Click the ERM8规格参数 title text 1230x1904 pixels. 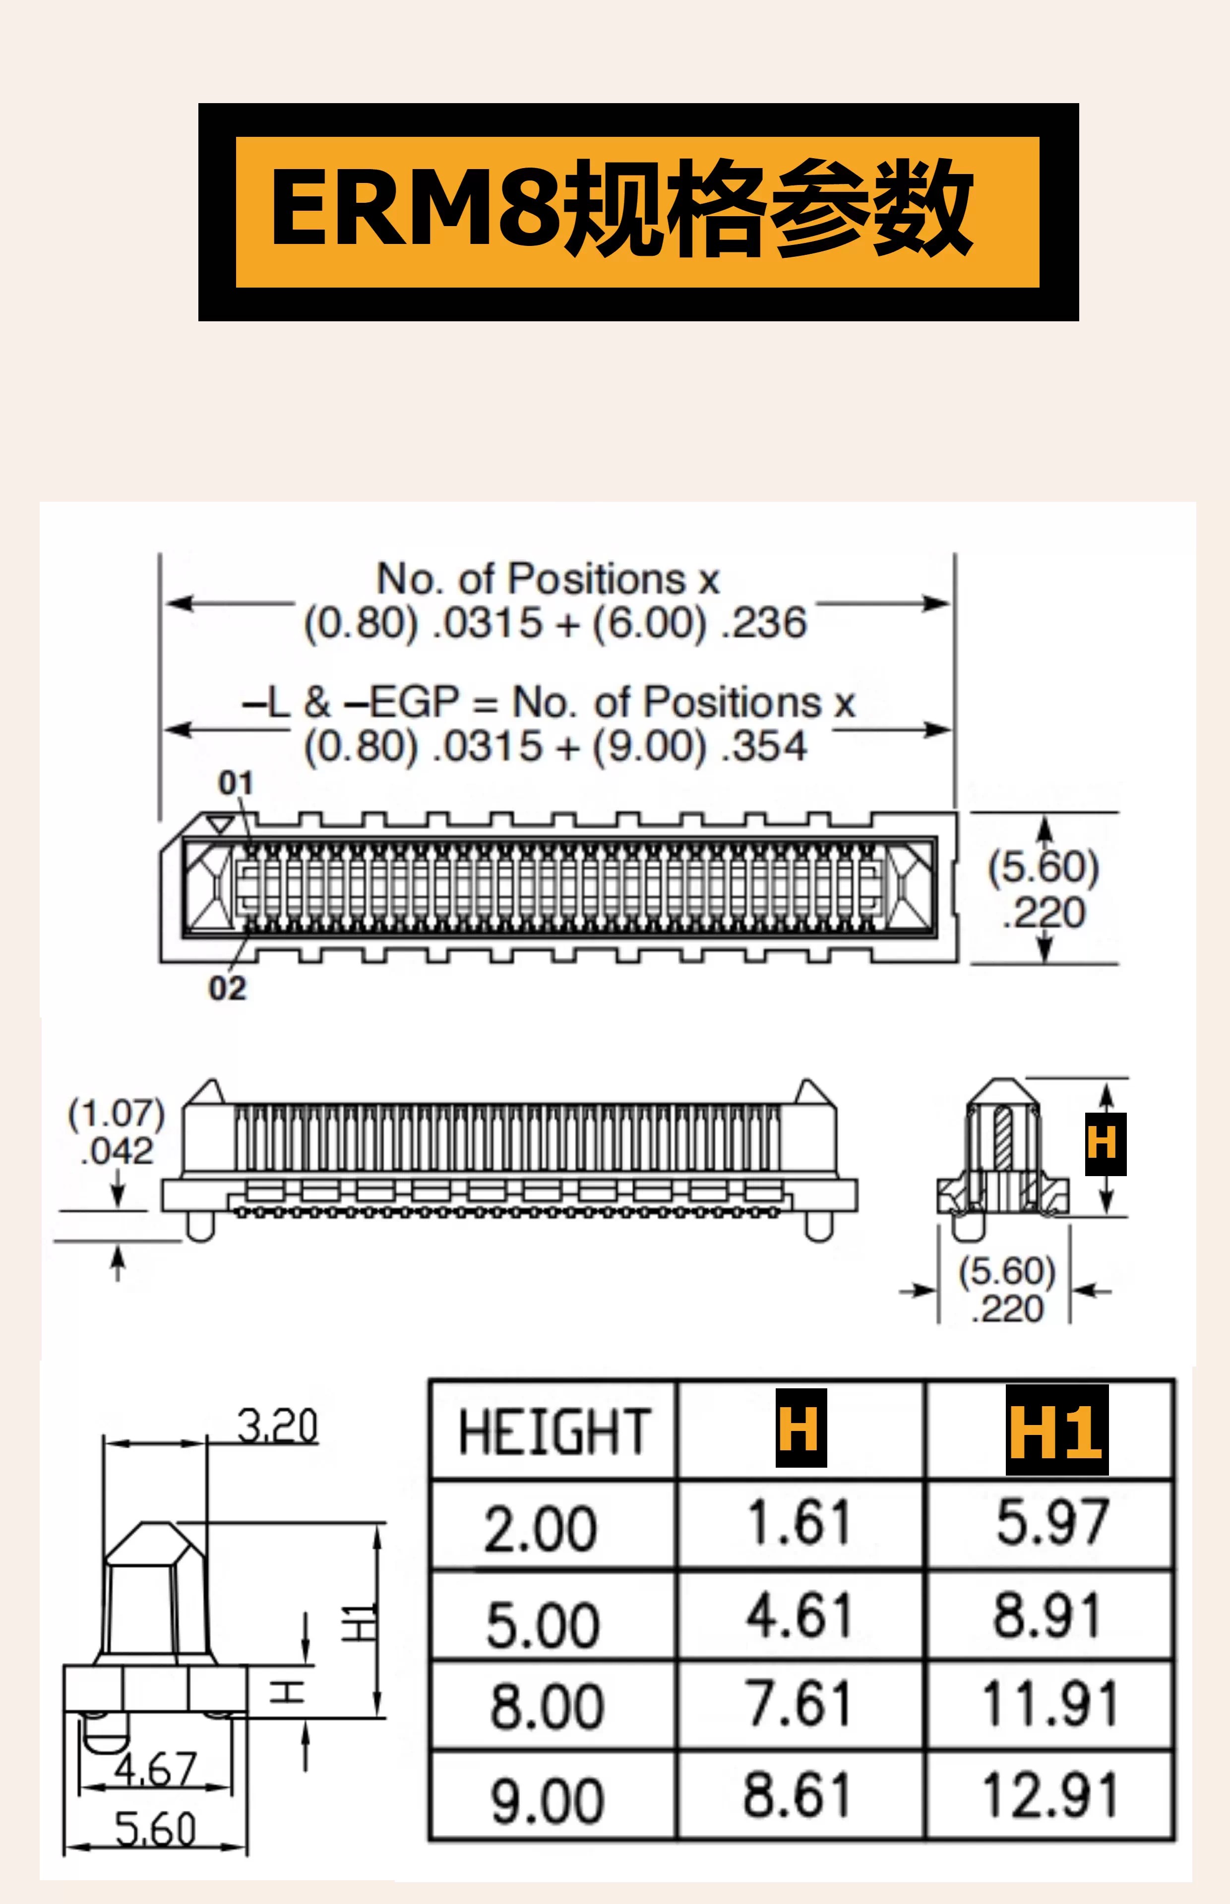[x=622, y=208]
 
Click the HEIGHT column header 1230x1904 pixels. [x=554, y=1432]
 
